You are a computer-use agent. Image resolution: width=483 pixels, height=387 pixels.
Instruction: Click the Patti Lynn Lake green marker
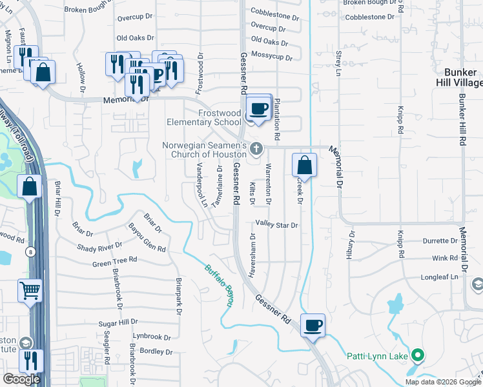click(x=418, y=355)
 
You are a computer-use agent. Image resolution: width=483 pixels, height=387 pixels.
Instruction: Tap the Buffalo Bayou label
click(x=220, y=284)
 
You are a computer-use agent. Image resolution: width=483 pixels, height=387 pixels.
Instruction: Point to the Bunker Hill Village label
click(x=463, y=77)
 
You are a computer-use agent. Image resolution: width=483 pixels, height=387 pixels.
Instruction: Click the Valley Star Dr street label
click(x=276, y=225)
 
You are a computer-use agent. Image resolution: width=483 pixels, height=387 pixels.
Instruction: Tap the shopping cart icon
click(x=30, y=292)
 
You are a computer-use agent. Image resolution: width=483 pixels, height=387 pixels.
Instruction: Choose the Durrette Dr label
click(x=440, y=241)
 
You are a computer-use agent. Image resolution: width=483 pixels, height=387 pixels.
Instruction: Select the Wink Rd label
click(x=445, y=258)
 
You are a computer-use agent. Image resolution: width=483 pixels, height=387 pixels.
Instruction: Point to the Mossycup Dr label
click(x=272, y=57)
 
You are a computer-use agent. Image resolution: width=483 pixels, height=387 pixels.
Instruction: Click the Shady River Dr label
click(x=99, y=246)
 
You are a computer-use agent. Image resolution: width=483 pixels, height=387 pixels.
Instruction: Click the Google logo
click(x=21, y=379)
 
